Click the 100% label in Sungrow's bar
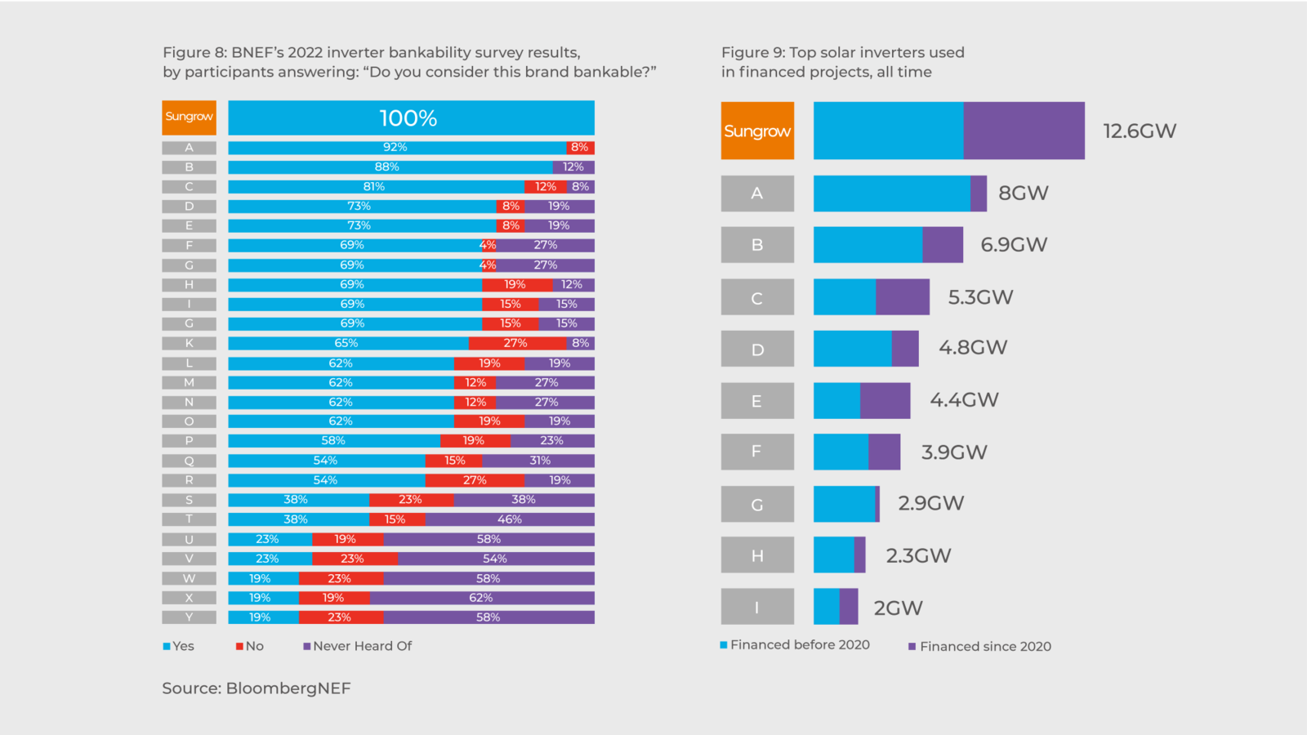click(x=408, y=118)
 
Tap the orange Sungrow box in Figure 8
click(x=189, y=117)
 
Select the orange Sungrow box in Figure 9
click(x=757, y=131)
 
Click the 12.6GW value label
click(x=1139, y=131)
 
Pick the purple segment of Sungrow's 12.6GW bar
click(x=1024, y=131)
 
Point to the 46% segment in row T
click(x=509, y=519)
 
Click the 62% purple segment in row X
click(x=482, y=598)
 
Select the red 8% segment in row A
click(x=579, y=148)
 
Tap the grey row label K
click(x=189, y=343)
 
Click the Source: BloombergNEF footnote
click(x=256, y=688)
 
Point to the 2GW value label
click(x=898, y=608)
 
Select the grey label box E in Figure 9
click(x=757, y=401)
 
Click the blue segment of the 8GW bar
click(x=891, y=194)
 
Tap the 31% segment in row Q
click(x=538, y=461)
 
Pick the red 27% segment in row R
click(x=475, y=480)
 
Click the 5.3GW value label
click(x=980, y=297)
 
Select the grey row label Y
click(x=189, y=617)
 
